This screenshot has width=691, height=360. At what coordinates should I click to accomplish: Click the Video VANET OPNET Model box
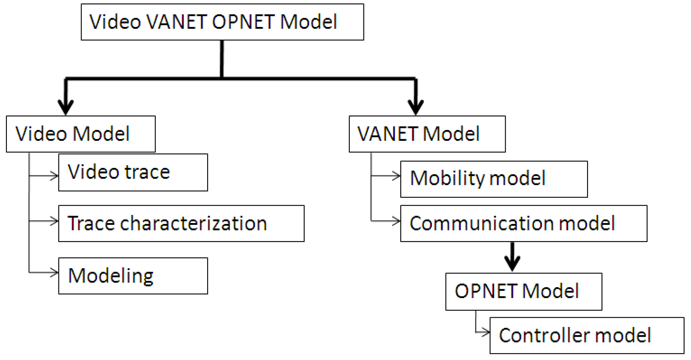(222, 22)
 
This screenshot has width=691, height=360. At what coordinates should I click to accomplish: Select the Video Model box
(81, 134)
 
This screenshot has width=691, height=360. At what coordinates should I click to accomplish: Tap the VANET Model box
(427, 134)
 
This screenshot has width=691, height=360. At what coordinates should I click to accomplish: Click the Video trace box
(133, 172)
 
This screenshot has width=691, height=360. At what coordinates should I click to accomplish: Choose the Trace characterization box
(181, 224)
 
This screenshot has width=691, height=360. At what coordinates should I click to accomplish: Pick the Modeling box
(133, 276)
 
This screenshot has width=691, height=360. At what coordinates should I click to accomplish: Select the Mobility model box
(494, 179)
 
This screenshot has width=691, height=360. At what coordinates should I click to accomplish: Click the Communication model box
(524, 224)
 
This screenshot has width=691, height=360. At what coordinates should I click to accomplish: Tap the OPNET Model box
(524, 291)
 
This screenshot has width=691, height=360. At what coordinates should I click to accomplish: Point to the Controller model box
(587, 336)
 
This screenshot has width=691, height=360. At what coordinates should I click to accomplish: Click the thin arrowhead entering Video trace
(55, 176)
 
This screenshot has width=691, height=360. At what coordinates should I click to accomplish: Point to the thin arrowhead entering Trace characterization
(55, 221)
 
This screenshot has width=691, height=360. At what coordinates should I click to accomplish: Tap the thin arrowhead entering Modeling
(55, 272)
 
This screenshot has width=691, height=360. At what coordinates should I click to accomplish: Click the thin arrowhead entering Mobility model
(397, 176)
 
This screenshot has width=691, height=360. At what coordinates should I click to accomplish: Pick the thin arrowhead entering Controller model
(486, 332)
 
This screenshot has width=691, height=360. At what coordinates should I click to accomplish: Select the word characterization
(193, 224)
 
